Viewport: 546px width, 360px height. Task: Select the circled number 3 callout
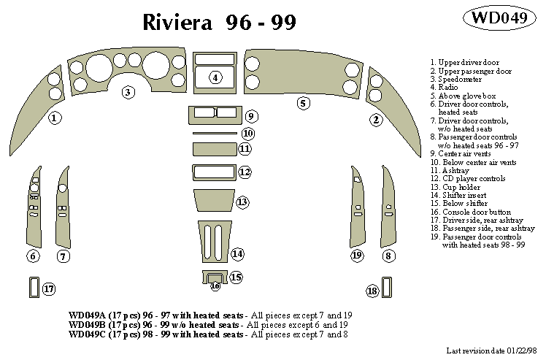tap(128, 92)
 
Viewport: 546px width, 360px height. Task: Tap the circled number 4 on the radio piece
tap(215, 77)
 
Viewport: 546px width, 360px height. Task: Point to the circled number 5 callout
tap(303, 103)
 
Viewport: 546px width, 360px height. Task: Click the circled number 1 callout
tap(54, 117)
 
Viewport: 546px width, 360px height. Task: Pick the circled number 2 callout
tap(376, 119)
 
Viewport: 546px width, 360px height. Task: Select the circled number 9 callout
tap(250, 116)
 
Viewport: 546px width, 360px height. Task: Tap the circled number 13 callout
tap(242, 201)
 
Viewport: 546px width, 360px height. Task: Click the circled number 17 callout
tap(49, 289)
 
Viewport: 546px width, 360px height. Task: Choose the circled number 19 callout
tap(356, 256)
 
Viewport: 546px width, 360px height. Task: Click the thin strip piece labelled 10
tap(215, 134)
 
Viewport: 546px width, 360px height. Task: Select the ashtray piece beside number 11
tap(215, 149)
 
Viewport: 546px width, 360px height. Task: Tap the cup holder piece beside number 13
tap(214, 200)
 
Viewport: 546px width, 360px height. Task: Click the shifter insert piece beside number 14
tap(213, 241)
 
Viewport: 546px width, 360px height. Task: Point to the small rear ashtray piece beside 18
tap(386, 286)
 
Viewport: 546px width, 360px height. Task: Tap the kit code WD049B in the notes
tap(87, 323)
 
